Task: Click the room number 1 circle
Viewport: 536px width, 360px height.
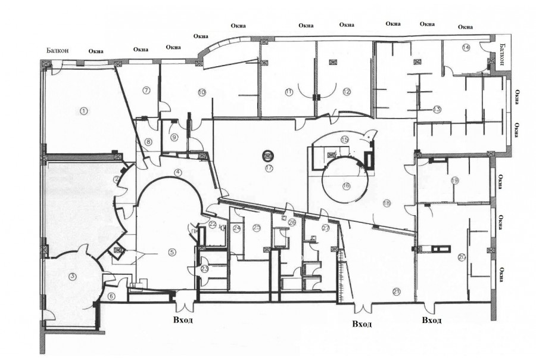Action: click(83, 110)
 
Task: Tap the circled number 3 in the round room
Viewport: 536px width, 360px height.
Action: click(72, 276)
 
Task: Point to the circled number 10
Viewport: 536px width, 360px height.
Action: click(202, 92)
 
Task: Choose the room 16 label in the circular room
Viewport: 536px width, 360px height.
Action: click(346, 185)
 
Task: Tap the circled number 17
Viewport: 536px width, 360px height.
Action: click(269, 169)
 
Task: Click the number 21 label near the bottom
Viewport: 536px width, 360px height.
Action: click(396, 291)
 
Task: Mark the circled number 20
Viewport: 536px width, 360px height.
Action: click(462, 257)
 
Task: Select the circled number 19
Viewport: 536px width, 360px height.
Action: click(455, 180)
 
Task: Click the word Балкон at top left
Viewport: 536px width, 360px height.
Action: click(58, 51)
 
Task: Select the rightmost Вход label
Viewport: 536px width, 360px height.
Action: click(431, 321)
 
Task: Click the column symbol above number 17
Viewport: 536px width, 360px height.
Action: click(267, 156)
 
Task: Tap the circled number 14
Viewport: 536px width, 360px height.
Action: click(466, 47)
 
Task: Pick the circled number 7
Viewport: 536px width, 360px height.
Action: click(145, 90)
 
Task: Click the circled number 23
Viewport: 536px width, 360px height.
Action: click(204, 269)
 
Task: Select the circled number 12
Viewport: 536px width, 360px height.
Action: click(346, 91)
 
